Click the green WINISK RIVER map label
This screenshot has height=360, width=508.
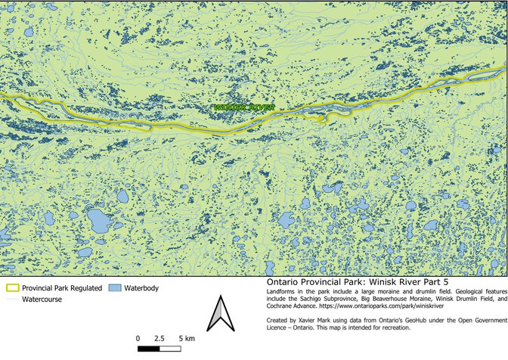point(243,108)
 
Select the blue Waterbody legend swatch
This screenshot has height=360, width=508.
point(114,288)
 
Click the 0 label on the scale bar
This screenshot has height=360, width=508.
point(138,337)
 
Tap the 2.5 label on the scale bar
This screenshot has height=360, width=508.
point(160,337)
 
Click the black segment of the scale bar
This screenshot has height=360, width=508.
point(149,349)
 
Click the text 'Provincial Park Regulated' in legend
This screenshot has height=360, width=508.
point(62,288)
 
